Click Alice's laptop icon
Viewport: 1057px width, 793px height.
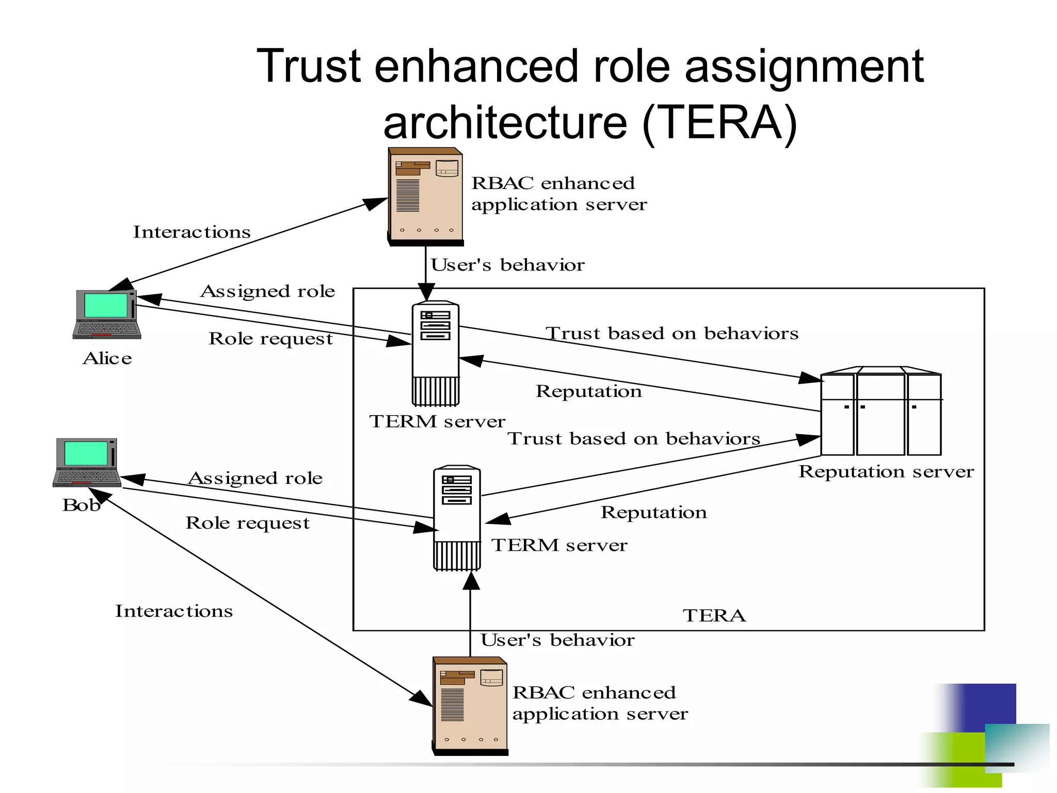click(x=107, y=314)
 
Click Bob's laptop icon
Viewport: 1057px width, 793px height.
click(x=87, y=462)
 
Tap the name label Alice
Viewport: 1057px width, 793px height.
click(x=107, y=358)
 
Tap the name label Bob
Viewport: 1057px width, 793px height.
click(x=81, y=505)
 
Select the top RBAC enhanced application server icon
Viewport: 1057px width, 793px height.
click(x=425, y=197)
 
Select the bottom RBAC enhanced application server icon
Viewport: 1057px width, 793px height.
click(x=470, y=706)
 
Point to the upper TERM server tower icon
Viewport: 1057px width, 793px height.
click(x=435, y=354)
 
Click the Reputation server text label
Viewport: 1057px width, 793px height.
click(x=886, y=471)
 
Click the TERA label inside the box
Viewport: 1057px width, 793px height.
click(x=714, y=615)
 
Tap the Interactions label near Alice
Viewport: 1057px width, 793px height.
click(x=191, y=232)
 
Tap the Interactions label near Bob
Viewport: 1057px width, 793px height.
click(x=173, y=611)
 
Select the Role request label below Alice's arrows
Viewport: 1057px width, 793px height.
click(x=270, y=339)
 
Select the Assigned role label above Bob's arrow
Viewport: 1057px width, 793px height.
click(x=255, y=478)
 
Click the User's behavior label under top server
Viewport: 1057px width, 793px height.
click(x=507, y=265)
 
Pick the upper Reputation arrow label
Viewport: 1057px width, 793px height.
click(x=588, y=391)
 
